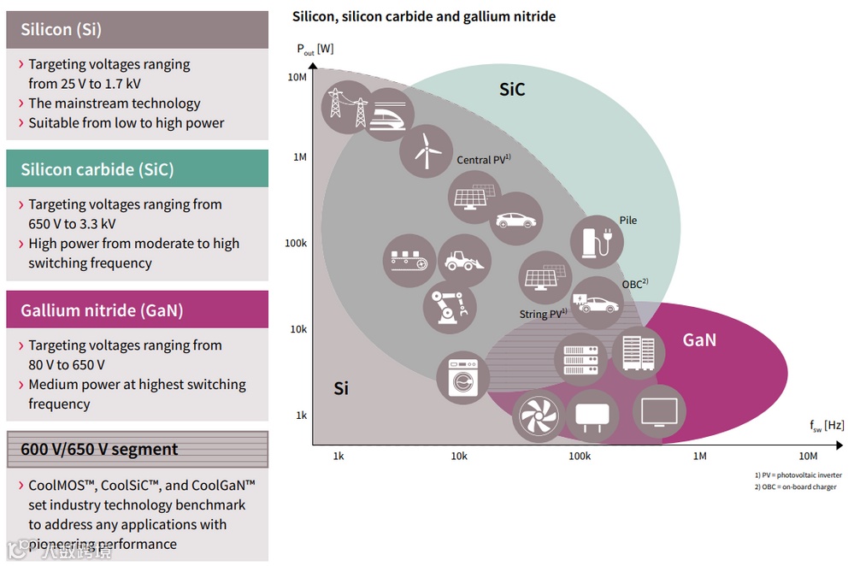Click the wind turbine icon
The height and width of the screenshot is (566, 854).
point(426,150)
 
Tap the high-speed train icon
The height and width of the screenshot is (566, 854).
point(388,115)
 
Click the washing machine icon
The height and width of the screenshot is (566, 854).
point(462,378)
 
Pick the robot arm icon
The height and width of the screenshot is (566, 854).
point(449,305)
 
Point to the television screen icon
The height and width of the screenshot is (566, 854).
point(659,412)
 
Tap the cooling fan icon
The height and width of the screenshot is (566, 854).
point(539,417)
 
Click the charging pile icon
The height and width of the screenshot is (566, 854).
point(596,241)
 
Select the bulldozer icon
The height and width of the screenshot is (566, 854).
point(463,260)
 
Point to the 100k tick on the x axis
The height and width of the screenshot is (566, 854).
point(580,457)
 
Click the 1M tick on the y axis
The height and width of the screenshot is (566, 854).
point(300,157)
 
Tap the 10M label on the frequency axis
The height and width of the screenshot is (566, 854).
point(808,457)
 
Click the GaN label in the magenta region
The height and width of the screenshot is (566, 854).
point(699,340)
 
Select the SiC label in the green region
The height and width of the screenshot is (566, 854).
point(512,90)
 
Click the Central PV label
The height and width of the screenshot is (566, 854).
point(483,160)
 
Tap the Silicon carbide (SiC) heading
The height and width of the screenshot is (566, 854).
point(97,169)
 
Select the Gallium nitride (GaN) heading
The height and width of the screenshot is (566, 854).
point(103,310)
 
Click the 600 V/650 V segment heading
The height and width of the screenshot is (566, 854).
point(99,450)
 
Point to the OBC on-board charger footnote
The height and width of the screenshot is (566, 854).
point(795,486)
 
